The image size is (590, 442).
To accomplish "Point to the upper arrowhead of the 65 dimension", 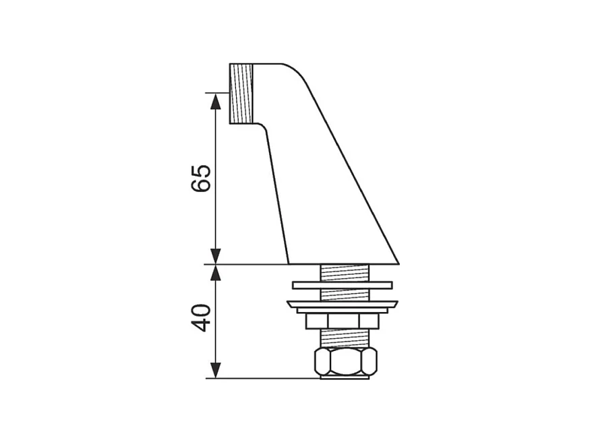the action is click(x=215, y=100).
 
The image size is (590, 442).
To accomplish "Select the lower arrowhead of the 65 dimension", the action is click(x=215, y=257).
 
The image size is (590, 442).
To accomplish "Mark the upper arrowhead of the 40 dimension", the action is click(x=215, y=272).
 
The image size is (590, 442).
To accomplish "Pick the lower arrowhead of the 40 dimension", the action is click(x=215, y=370).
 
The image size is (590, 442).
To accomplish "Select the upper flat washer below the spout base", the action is click(x=343, y=285).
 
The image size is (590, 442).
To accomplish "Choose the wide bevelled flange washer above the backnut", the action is click(x=343, y=305).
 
